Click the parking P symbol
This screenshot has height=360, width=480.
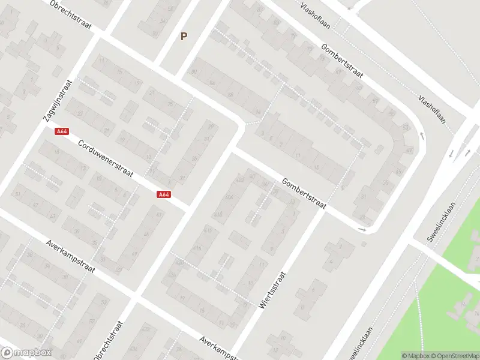coord(184,36)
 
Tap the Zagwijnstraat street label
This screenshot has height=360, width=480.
coord(58,101)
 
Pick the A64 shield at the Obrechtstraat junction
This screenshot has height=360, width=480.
coord(164,194)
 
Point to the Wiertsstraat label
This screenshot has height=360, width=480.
coord(272,290)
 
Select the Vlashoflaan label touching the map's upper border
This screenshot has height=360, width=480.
coord(316,7)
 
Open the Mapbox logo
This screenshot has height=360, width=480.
coord(26,353)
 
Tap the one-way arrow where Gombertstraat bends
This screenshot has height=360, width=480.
coord(361,229)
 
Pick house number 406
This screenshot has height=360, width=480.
coord(229,197)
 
